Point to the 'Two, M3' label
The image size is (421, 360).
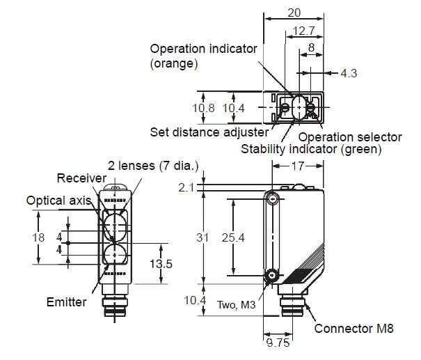pos(235,304)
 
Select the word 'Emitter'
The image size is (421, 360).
pos(67,302)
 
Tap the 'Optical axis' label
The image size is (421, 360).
pos(59,201)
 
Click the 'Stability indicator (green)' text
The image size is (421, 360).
pos(311,149)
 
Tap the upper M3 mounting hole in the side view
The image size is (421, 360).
pos(273,199)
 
